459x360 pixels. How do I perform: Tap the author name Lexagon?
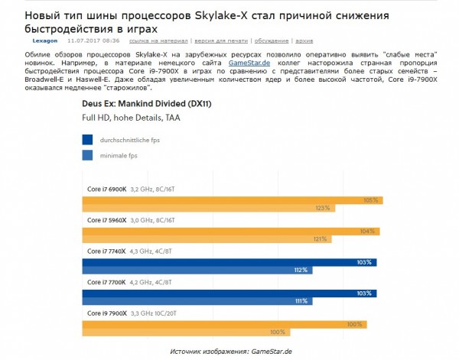pyautogui.click(x=45, y=40)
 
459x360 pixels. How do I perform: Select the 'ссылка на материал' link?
pyautogui.click(x=155, y=40)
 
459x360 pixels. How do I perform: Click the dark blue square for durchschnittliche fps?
pyautogui.click(x=87, y=140)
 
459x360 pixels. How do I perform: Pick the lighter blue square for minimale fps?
pyautogui.click(x=87, y=156)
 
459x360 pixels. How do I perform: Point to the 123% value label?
pyautogui.click(x=322, y=208)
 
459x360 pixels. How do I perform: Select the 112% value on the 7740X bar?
pyautogui.click(x=300, y=270)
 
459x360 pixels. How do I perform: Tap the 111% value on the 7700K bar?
pyautogui.click(x=299, y=301)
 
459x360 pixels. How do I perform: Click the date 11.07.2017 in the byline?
pyautogui.click(x=88, y=40)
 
